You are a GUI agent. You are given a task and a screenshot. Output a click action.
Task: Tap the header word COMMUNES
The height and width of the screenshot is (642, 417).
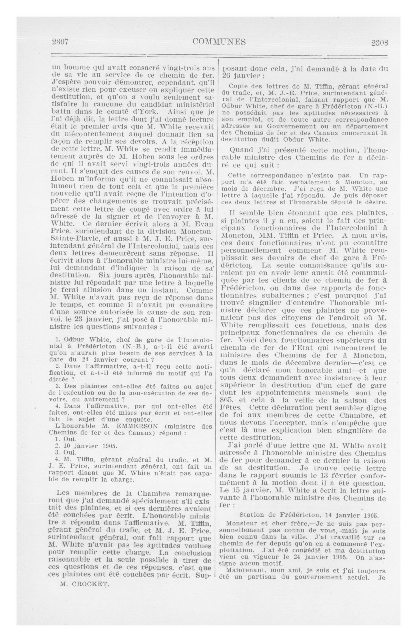point(219,42)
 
